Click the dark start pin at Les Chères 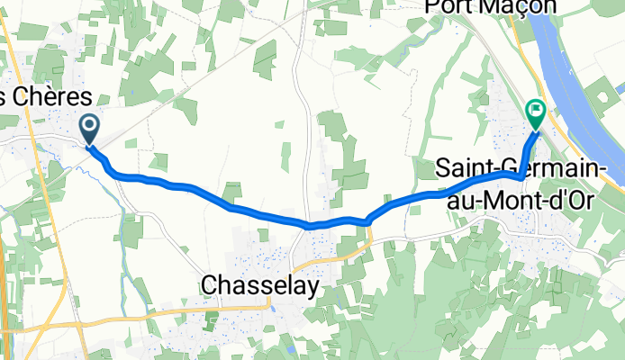[x=91, y=128]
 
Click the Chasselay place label [x=260, y=284]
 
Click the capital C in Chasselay [x=209, y=284]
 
